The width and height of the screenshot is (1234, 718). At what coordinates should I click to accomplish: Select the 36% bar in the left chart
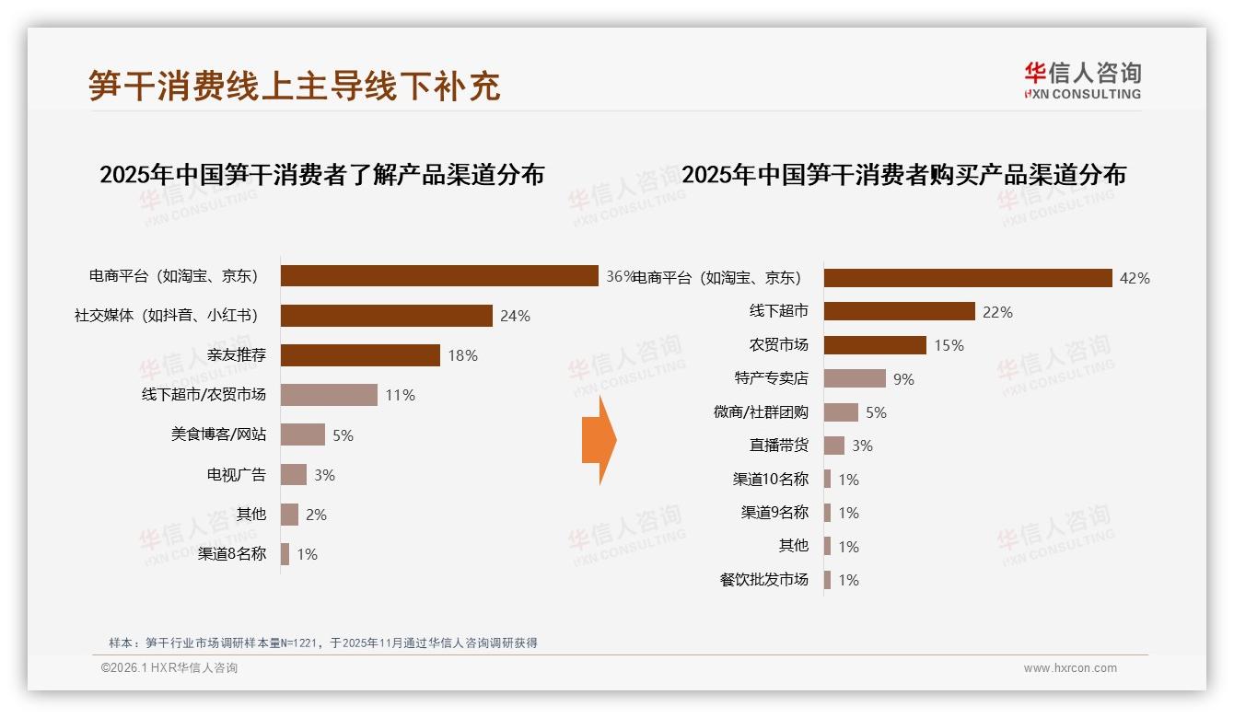click(x=439, y=276)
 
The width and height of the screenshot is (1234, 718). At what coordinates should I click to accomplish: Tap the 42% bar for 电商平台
click(x=967, y=278)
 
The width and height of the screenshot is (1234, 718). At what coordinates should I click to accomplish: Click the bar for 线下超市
click(x=899, y=311)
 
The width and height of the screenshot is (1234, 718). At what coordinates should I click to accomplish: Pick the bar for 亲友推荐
click(x=360, y=355)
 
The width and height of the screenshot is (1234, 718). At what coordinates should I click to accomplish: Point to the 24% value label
click(x=515, y=316)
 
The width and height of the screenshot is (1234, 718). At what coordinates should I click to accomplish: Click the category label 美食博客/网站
click(x=218, y=434)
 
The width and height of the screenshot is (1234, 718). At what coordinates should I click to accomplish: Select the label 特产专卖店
click(x=771, y=378)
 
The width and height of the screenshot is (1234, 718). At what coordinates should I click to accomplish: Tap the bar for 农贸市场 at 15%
click(x=875, y=345)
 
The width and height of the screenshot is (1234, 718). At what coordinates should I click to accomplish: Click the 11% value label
click(x=400, y=395)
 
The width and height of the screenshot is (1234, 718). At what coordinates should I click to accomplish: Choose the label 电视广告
click(x=236, y=475)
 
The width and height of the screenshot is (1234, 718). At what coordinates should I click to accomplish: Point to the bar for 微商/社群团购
click(x=841, y=412)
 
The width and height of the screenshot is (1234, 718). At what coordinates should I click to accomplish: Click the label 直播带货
click(x=778, y=446)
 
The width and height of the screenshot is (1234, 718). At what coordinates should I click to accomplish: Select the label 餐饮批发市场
click(x=763, y=580)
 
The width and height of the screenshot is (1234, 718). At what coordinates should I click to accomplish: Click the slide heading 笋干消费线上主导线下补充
click(x=294, y=85)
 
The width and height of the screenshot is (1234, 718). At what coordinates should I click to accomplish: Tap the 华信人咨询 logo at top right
click(x=1082, y=80)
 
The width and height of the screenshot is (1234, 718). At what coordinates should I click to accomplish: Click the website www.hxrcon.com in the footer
click(x=1069, y=668)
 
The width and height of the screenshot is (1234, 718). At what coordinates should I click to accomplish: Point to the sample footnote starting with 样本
click(x=322, y=643)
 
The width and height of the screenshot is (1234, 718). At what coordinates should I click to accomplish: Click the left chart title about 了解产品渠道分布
click(x=321, y=174)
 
